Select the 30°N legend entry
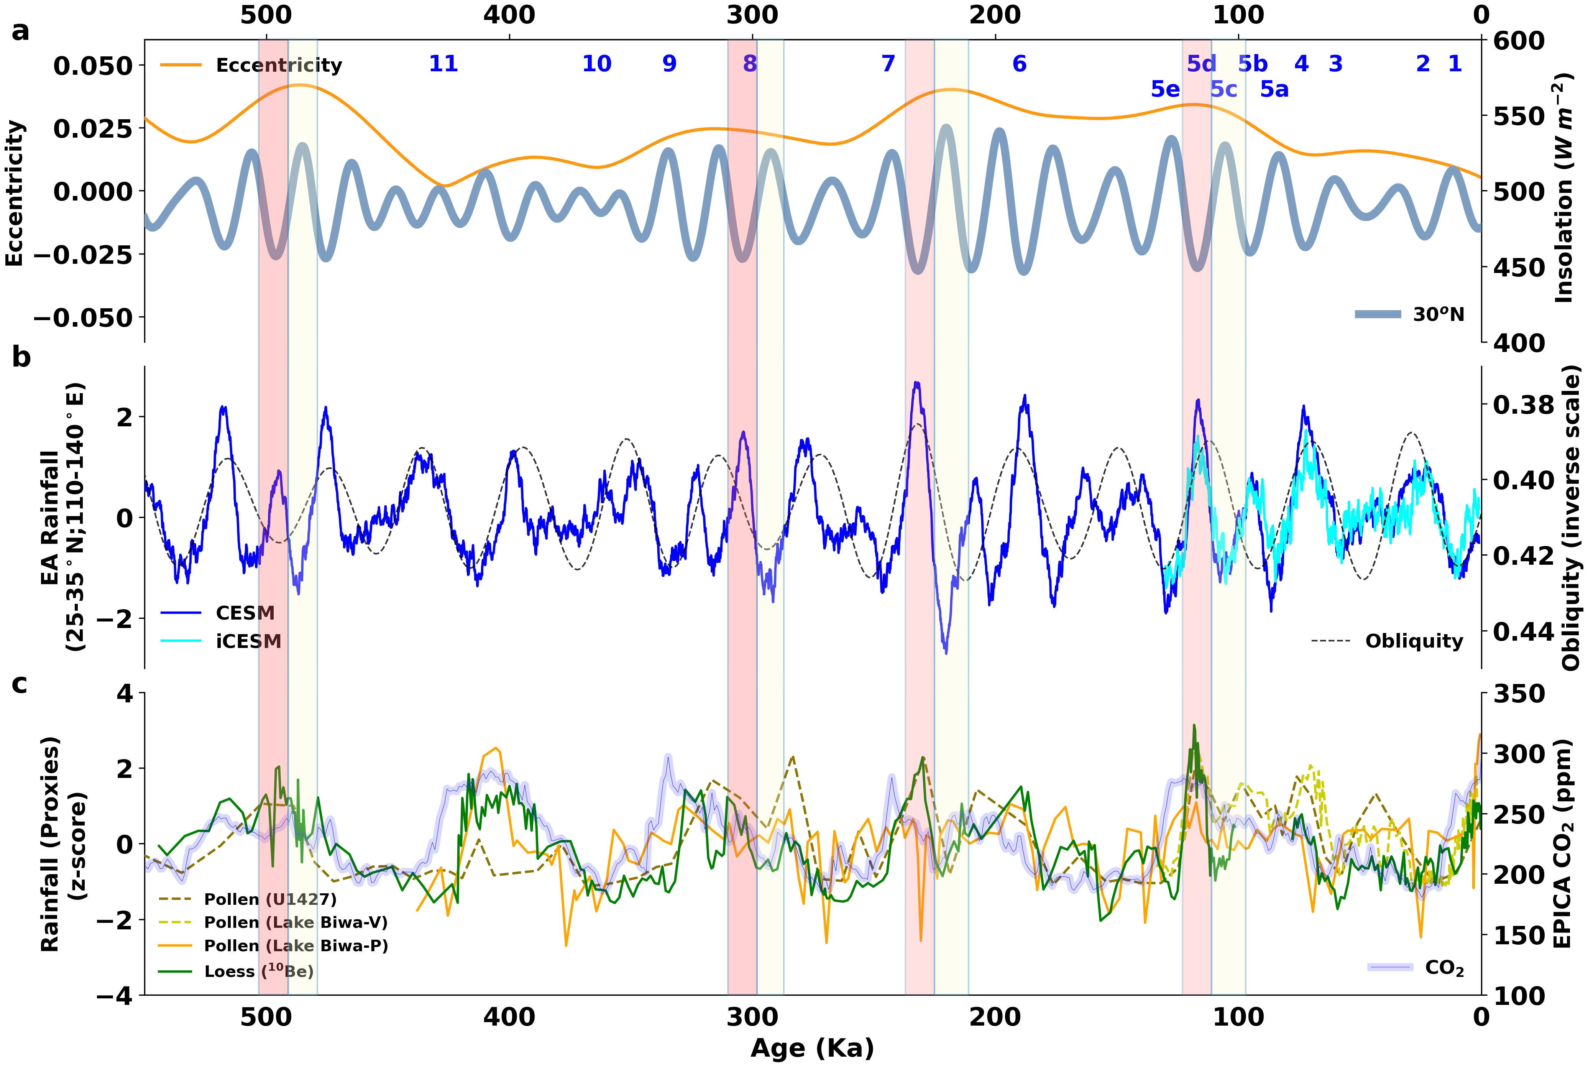point(1410,314)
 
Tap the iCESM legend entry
point(221,641)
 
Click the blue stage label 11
point(443,64)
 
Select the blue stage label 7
point(888,64)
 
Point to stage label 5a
point(1274,89)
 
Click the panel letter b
point(21,357)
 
